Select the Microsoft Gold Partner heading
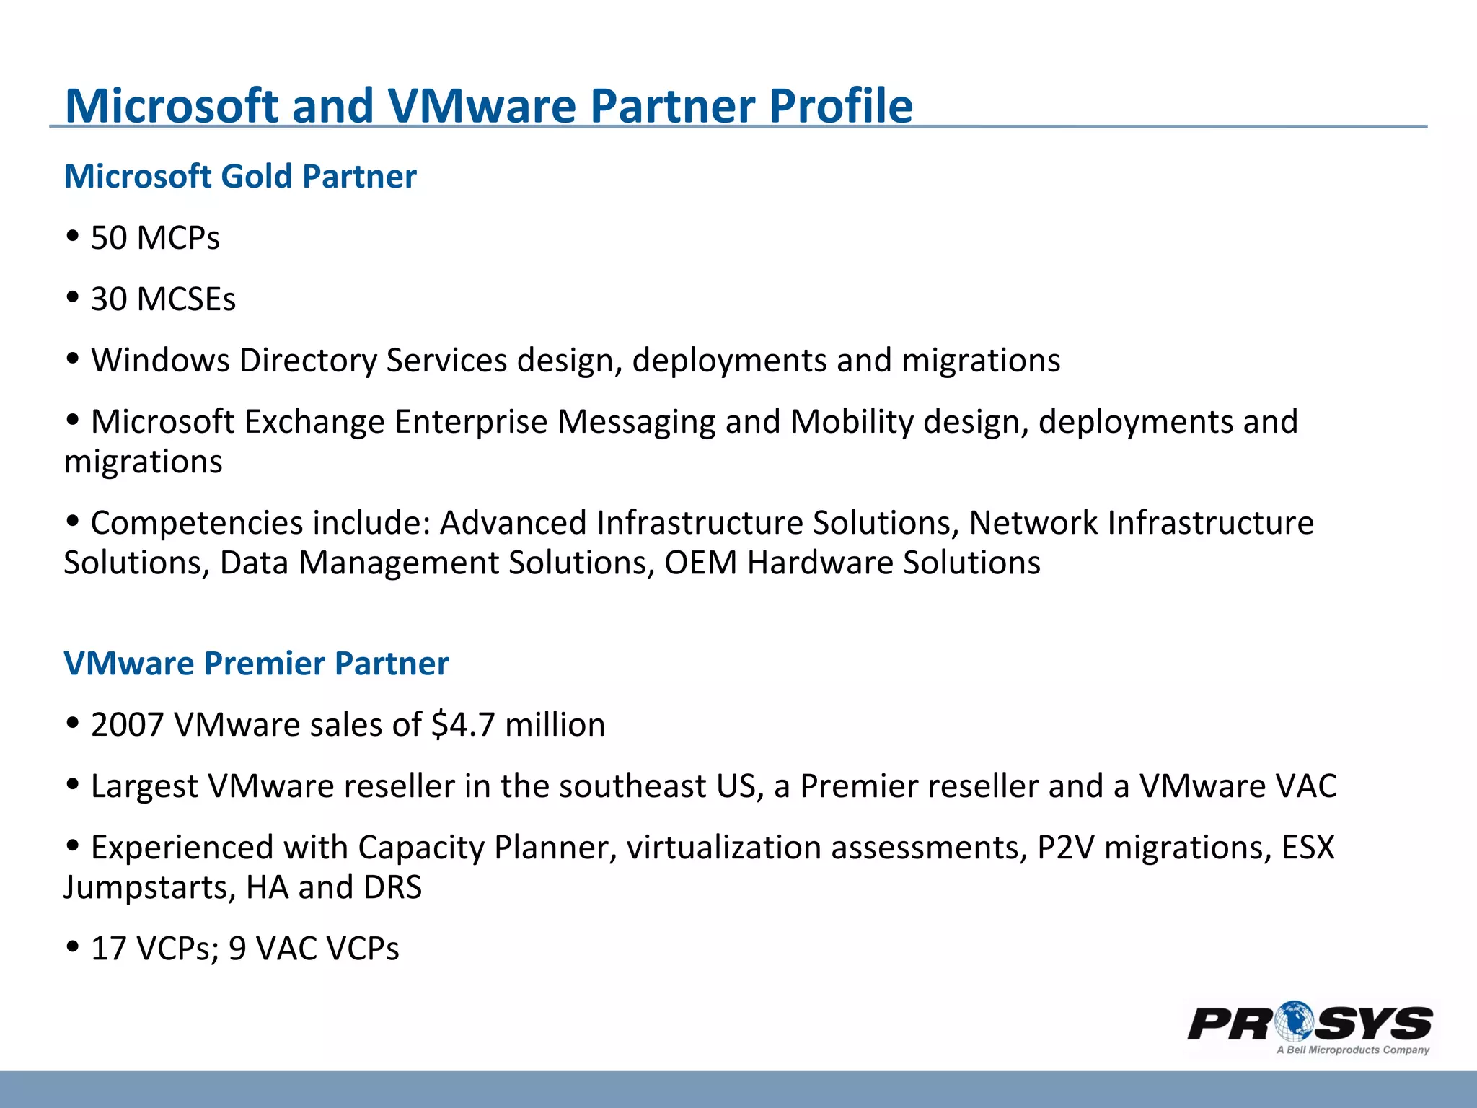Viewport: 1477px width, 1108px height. [x=240, y=177]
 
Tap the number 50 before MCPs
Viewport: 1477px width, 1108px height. [x=109, y=238]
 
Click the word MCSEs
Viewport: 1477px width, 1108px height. [x=186, y=299]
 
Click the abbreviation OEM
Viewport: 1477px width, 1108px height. [x=700, y=563]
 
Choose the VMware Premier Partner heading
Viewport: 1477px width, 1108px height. [x=256, y=664]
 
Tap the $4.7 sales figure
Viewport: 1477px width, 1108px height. [x=462, y=725]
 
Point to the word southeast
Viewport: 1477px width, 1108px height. [x=632, y=786]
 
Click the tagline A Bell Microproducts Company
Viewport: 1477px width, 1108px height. [x=1352, y=1050]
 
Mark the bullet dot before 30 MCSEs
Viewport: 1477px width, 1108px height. [x=72, y=296]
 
